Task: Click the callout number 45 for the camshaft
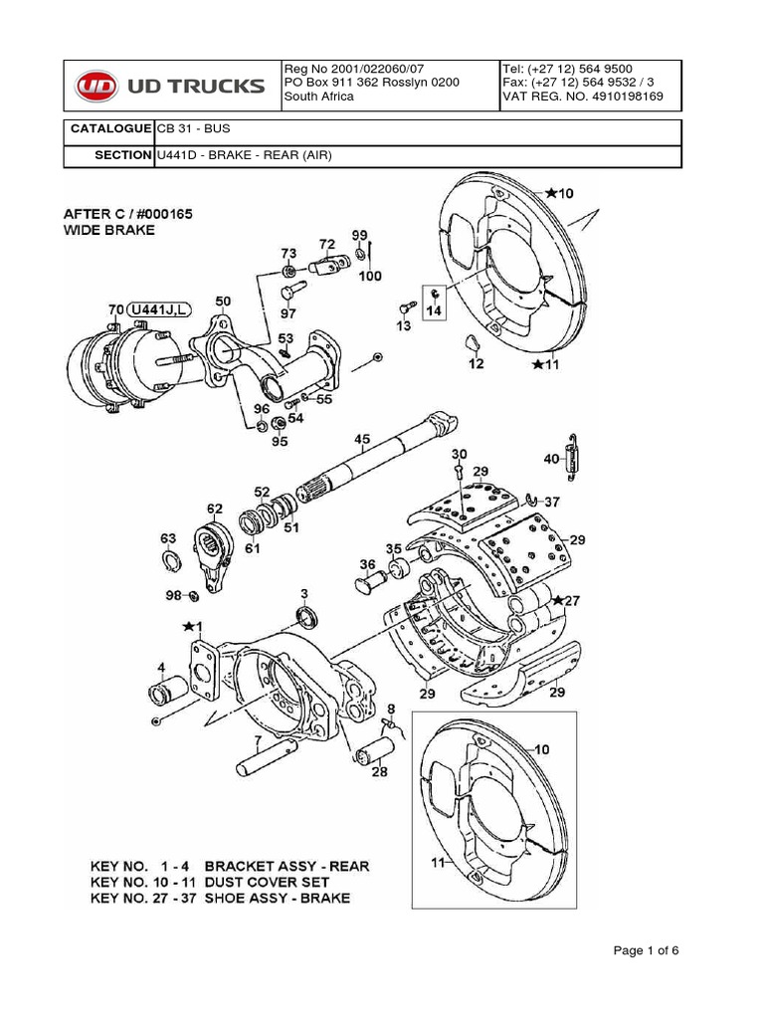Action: [x=361, y=438]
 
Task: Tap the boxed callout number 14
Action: [x=435, y=310]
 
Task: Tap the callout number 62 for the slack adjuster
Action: [x=214, y=509]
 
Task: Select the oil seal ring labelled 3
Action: [x=308, y=616]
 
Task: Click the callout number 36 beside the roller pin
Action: [x=368, y=565]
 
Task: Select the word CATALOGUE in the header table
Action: [x=109, y=130]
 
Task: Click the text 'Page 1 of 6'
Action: [x=646, y=950]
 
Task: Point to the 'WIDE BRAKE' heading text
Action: [x=109, y=230]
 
